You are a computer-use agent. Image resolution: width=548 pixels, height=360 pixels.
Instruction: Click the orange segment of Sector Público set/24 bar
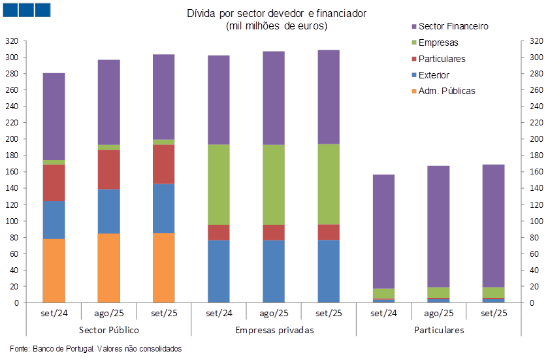54,270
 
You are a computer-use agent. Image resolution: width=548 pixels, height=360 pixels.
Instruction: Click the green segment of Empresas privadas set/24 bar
218,184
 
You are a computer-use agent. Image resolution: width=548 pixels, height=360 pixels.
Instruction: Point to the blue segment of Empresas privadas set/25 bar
329,271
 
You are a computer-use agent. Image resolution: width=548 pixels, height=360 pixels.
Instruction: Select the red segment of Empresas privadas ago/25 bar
274,233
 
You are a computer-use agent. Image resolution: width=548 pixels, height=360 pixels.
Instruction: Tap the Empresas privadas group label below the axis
274,330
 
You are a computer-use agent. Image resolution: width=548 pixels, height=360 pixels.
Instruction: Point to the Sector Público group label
108,330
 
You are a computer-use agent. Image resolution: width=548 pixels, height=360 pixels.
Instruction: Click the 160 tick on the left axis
12,172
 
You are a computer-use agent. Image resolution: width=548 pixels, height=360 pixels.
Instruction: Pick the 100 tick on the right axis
536,221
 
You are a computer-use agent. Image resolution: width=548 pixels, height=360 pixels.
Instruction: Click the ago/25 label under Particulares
438,313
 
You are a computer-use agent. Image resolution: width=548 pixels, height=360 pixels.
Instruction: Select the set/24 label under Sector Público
54,313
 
